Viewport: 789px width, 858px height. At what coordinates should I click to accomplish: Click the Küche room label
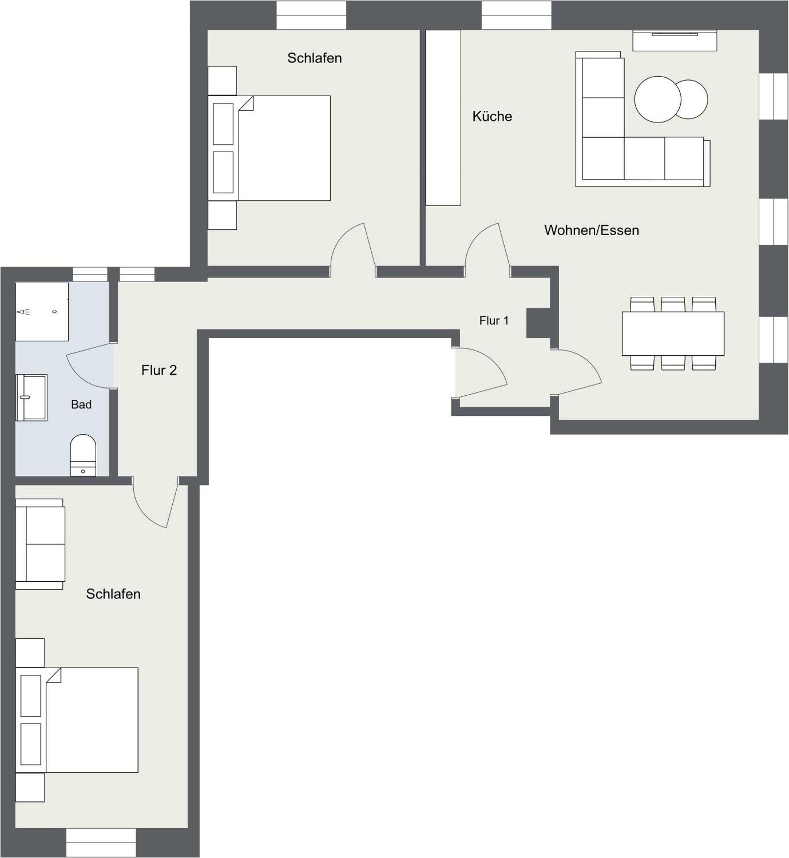coord(492,116)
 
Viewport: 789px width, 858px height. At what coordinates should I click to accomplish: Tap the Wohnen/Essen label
coord(591,230)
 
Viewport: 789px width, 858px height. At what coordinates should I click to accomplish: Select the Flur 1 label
coord(494,320)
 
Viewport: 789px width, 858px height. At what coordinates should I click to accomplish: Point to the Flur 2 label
coord(159,370)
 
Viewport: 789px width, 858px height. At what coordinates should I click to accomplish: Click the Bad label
coord(81,404)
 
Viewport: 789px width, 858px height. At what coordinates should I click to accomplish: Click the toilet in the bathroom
coord(83,455)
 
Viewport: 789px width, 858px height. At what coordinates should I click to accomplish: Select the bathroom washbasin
coord(31,397)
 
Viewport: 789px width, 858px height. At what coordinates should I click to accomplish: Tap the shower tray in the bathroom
coord(42,311)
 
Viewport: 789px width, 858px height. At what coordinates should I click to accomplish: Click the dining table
coord(673,333)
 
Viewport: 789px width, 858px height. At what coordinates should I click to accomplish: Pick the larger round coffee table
coord(657,99)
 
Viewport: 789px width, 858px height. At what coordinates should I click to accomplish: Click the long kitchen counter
coord(443,118)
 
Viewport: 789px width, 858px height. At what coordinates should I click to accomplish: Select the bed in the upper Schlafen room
coord(269,148)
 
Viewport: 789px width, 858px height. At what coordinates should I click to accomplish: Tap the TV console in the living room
coord(675,40)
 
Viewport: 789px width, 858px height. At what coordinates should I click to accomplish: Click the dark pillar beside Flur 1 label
coord(538,322)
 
